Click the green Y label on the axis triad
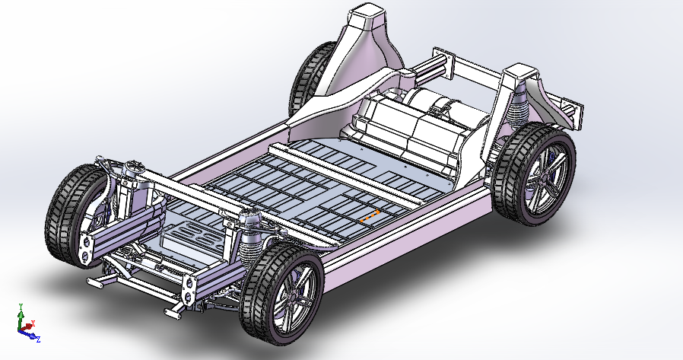pos(21,307)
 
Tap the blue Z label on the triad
pos(38,338)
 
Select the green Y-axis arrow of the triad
pos(21,317)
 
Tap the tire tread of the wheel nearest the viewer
pos(255,304)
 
